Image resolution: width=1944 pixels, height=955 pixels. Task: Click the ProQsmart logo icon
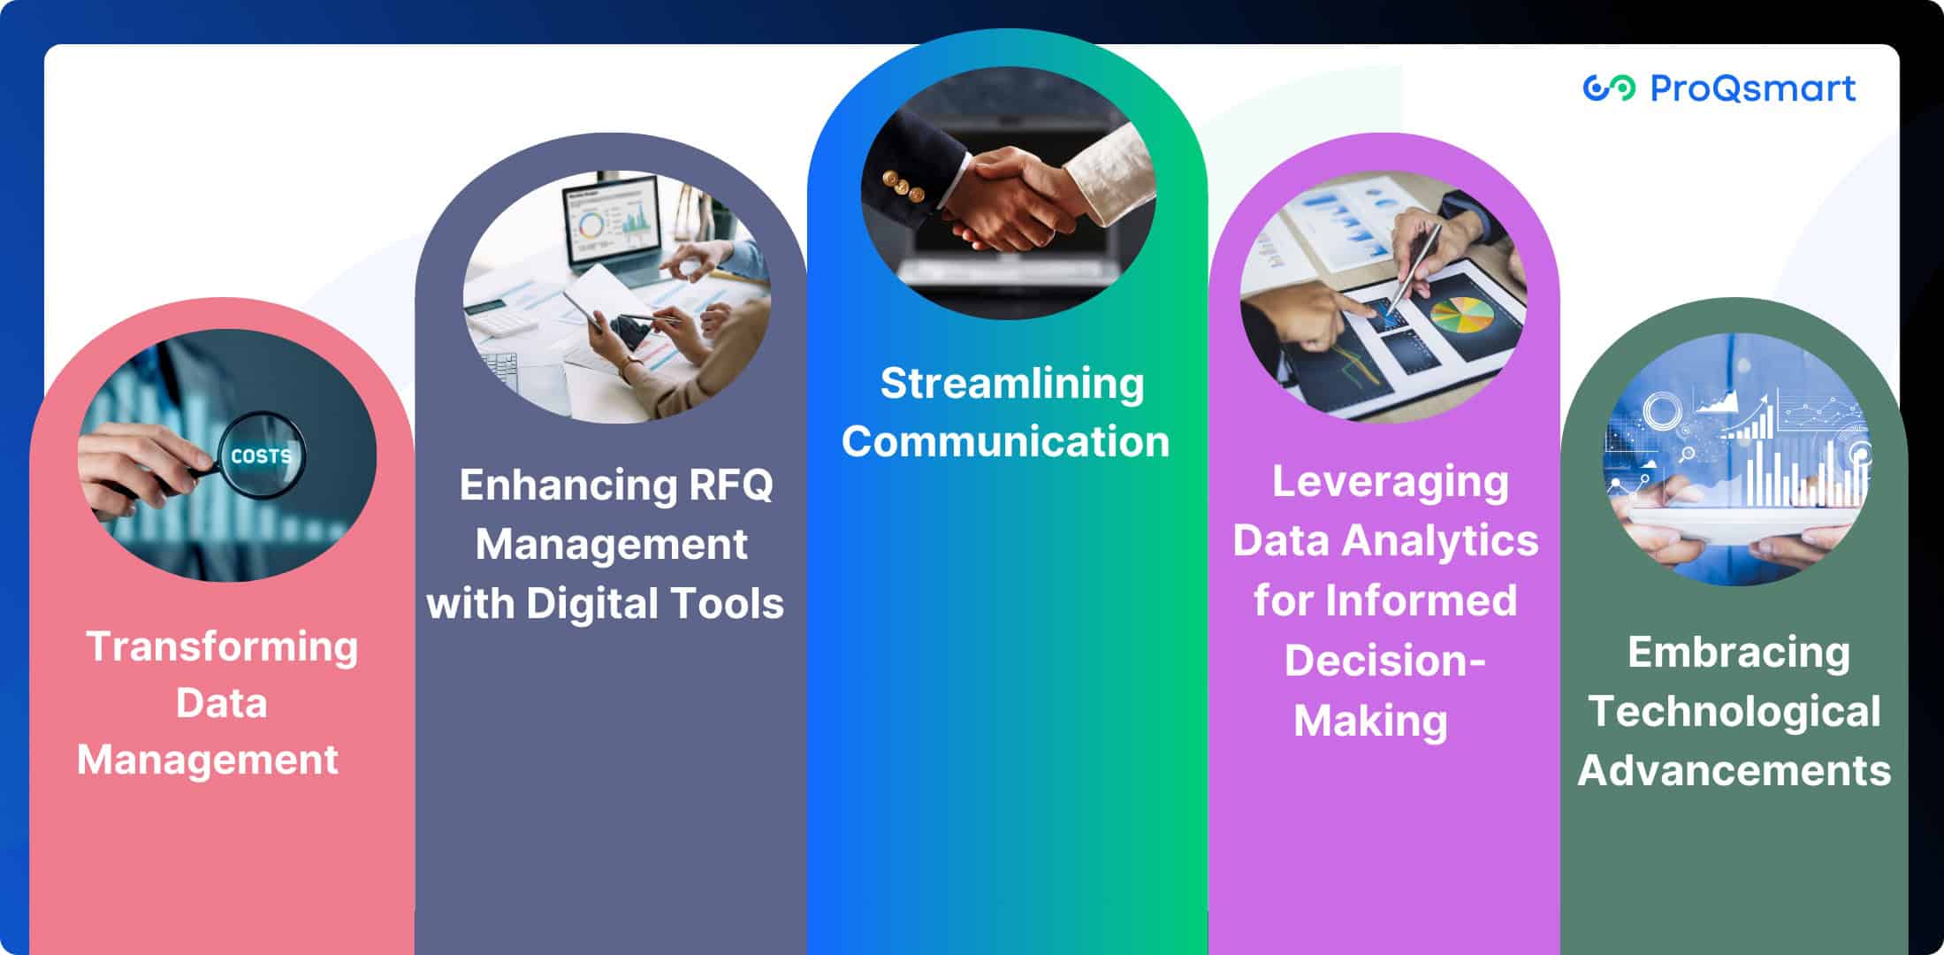[x=1609, y=88]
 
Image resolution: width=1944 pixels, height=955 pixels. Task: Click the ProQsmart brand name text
[x=1753, y=88]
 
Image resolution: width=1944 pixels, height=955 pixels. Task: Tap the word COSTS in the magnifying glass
[x=261, y=456]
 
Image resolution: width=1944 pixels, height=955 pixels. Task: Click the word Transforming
[x=222, y=646]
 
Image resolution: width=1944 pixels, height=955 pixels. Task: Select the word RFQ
[x=729, y=485]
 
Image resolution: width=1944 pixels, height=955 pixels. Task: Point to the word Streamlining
[x=1012, y=384]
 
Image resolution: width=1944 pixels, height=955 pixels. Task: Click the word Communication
[x=1006, y=441]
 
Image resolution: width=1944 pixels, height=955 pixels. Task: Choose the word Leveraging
[x=1391, y=483]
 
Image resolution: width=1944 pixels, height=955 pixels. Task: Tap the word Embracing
[x=1739, y=653]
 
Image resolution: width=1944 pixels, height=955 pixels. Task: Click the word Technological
[x=1734, y=712]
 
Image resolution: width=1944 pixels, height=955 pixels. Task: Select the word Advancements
[x=1734, y=770]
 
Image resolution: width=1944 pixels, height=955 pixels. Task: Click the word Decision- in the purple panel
[x=1385, y=661]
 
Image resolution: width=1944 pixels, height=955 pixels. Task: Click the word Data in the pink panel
[x=221, y=704]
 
